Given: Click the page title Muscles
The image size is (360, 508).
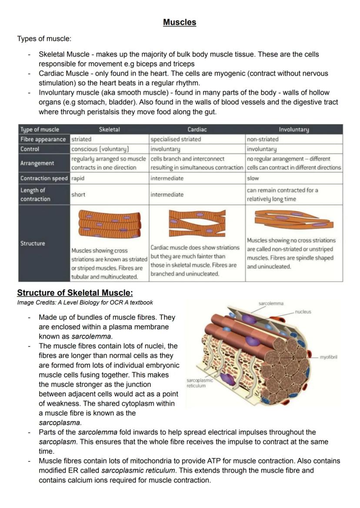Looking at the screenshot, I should tap(180, 22).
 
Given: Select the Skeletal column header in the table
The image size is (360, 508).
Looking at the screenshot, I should tap(109, 129).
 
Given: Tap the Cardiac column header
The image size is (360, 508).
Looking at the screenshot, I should tap(197, 129).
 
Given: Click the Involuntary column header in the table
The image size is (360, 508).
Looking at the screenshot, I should tap(294, 129).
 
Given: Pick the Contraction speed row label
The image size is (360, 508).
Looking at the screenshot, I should tap(44, 178).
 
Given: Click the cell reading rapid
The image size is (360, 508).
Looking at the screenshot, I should tap(78, 178).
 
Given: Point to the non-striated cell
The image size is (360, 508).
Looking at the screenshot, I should tap(263, 139).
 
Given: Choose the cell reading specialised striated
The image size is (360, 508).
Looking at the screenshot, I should tap(176, 139).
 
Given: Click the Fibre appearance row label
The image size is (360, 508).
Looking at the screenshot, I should tap(43, 139).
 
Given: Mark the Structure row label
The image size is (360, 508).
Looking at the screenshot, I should tap(33, 243).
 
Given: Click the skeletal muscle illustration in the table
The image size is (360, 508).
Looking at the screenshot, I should tap(110, 224).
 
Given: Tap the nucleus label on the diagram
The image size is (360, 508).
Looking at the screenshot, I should tap(303, 312).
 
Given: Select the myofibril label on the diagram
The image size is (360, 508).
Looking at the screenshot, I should tap(329, 357).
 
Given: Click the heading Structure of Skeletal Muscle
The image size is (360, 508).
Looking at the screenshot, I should tap(75, 292).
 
